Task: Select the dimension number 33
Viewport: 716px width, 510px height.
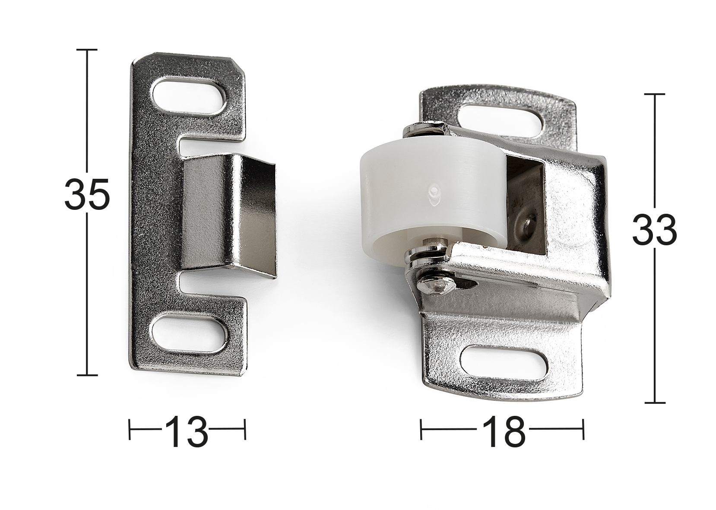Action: (x=654, y=229)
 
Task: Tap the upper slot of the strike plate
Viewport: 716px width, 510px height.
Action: (x=189, y=96)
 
